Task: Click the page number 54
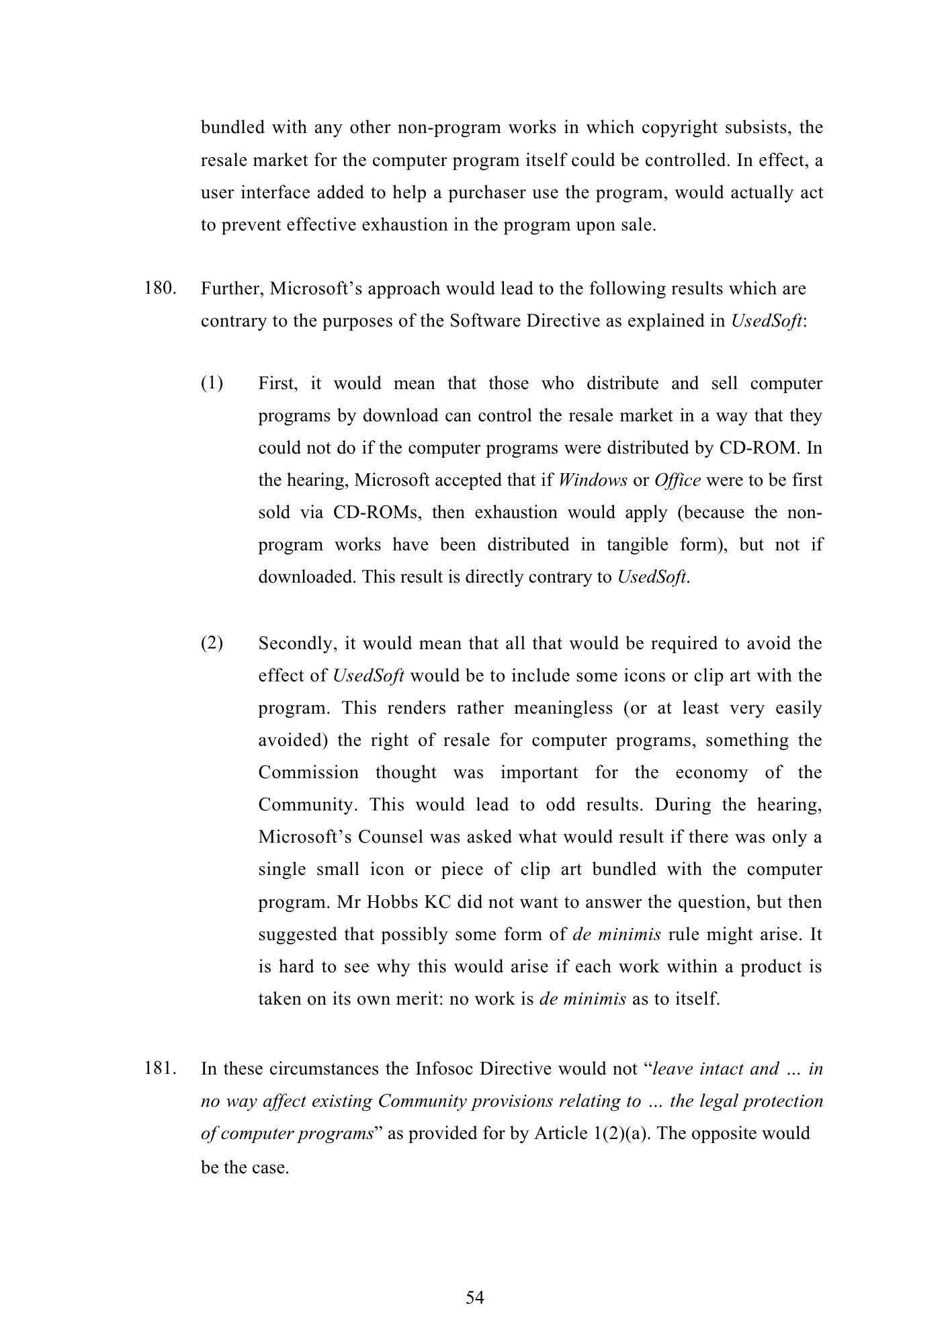[475, 1298]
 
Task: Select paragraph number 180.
[160, 289]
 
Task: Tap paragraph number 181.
[160, 1068]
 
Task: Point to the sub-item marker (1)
[212, 384]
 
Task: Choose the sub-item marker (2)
[212, 644]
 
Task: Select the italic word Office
[677, 480]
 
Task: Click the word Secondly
[296, 644]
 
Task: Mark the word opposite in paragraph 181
[729, 1134]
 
